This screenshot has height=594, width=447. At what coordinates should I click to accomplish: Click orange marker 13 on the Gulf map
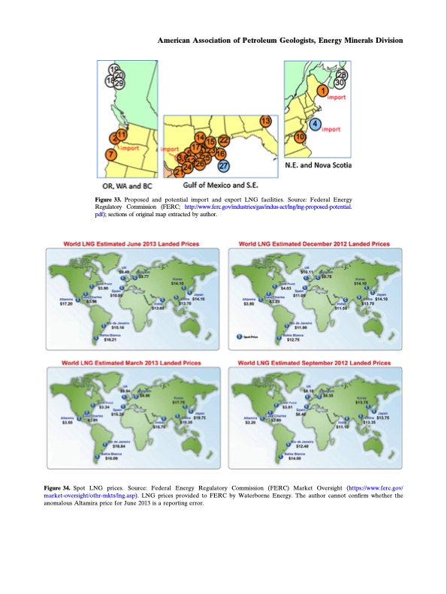pos(265,122)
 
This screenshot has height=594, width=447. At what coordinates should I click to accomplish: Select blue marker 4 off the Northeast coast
pos(316,124)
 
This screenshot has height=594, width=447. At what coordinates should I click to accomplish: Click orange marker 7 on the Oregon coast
pos(111,154)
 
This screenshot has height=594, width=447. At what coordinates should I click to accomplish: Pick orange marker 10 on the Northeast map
pos(301,137)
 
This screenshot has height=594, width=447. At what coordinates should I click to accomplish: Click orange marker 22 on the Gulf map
pos(223,140)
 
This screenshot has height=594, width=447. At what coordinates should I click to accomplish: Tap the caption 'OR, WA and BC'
pos(127,185)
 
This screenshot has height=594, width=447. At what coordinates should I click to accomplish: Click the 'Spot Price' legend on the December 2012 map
pos(249,337)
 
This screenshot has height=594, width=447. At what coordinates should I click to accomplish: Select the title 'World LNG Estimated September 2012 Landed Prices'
pos(313,362)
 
